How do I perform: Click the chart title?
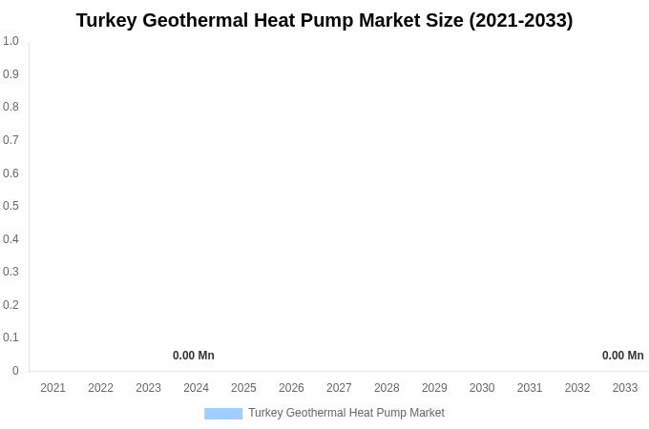point(324,20)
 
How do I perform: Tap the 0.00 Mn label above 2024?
point(194,356)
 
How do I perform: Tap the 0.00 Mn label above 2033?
point(622,356)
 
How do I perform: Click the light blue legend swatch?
point(223,413)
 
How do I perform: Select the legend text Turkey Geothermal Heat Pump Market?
point(345,413)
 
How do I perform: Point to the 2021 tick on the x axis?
point(53,388)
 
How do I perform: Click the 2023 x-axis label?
point(148,388)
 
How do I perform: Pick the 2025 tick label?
point(243,388)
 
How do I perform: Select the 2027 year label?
point(339,388)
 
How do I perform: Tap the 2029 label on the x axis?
point(434,388)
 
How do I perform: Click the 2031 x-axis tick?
point(530,388)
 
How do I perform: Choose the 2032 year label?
point(577,388)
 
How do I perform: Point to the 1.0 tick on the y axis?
point(10,41)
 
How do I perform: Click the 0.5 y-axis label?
point(10,206)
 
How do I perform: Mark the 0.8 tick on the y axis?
point(10,107)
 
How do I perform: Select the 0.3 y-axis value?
point(10,272)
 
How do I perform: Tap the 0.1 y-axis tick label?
point(10,337)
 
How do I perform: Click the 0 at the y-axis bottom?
point(15,371)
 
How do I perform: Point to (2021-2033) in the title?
point(521,20)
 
